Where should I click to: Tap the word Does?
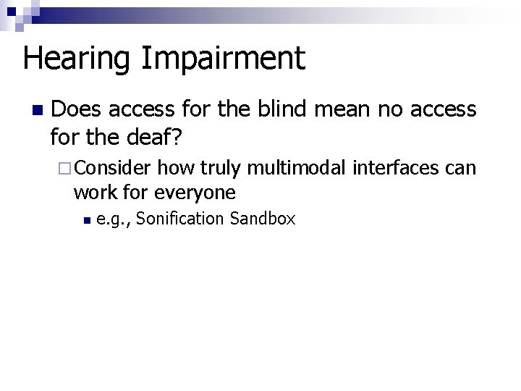pyautogui.click(x=77, y=109)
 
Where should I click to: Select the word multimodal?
pyautogui.click(x=299, y=169)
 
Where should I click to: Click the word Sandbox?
pyautogui.click(x=262, y=219)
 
